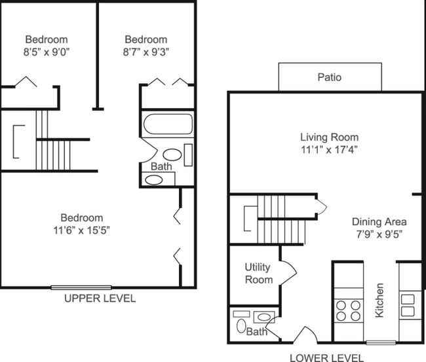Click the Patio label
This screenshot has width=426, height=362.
click(x=330, y=77)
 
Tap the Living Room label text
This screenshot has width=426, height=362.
click(x=329, y=137)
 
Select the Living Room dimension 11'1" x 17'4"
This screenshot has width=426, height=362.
click(x=329, y=149)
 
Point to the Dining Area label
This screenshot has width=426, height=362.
click(x=379, y=221)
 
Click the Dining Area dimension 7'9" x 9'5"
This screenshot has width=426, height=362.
click(x=379, y=234)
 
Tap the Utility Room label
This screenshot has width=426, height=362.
click(x=258, y=273)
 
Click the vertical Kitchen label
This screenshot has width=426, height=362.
click(x=379, y=300)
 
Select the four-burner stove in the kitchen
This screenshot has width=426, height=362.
click(x=349, y=310)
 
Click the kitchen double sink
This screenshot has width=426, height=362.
click(x=408, y=306)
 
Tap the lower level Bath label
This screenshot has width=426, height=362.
click(x=256, y=333)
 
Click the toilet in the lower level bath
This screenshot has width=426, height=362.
click(x=240, y=325)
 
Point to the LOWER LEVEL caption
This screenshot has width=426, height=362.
click(x=326, y=357)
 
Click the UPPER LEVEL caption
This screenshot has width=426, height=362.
click(x=100, y=299)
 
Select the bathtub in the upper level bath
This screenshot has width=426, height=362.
click(x=168, y=124)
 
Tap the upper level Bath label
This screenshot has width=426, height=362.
click(x=161, y=166)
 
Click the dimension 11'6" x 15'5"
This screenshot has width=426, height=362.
click(x=82, y=230)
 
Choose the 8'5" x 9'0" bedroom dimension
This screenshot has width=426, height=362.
click(x=47, y=52)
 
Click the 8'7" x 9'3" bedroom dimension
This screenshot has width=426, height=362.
click(x=145, y=52)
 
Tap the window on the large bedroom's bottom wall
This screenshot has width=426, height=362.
click(x=81, y=287)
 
